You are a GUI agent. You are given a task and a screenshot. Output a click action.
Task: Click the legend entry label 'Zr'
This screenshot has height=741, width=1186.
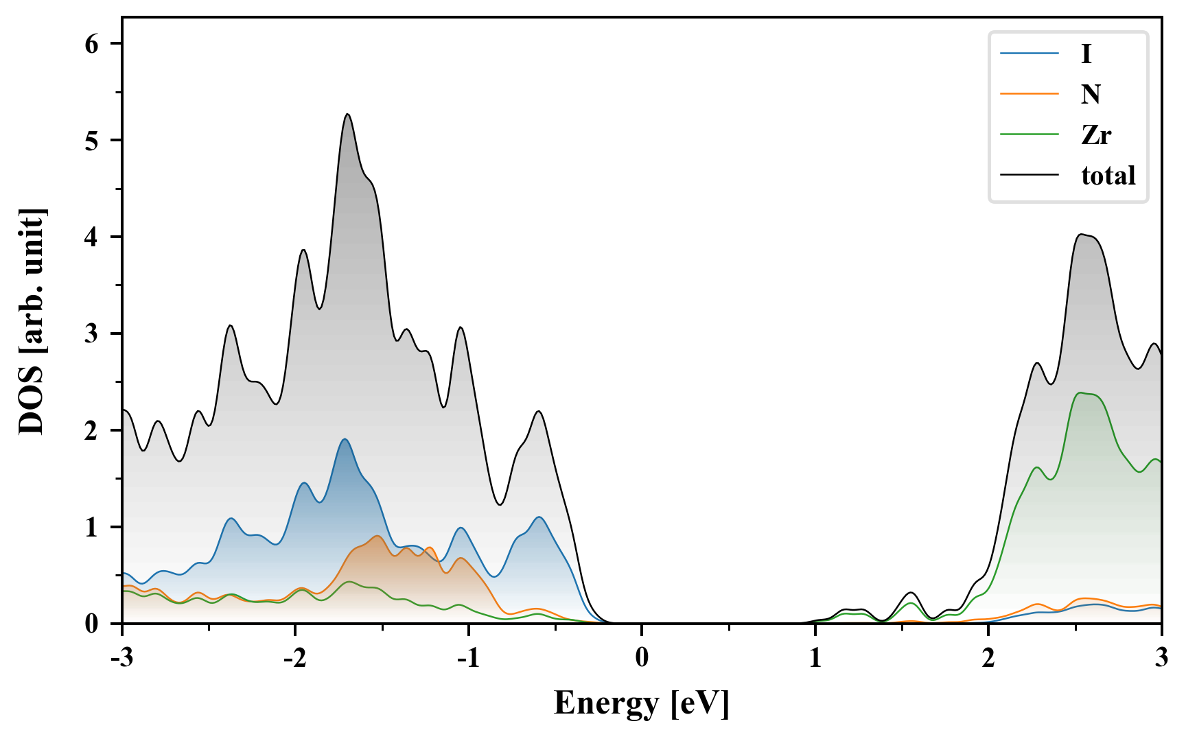point(1095,135)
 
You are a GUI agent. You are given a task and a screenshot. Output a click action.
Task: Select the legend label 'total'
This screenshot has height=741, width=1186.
point(1108,176)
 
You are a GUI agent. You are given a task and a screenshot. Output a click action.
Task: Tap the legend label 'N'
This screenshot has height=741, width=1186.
point(1091,94)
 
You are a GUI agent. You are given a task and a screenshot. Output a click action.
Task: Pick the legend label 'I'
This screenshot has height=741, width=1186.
point(1086,54)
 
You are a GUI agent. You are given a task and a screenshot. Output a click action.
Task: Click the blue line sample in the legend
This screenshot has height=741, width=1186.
point(1029,54)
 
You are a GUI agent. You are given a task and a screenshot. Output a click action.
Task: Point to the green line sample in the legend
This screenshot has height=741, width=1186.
point(1029,134)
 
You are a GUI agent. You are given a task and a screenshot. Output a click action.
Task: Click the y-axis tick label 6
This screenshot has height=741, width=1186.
point(92,44)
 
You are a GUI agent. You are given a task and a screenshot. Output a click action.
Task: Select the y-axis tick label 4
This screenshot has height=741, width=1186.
point(92,237)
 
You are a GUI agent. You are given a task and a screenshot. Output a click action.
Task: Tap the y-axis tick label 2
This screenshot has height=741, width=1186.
point(92,431)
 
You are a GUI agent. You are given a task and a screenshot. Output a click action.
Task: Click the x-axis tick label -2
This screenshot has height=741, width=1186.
point(294,659)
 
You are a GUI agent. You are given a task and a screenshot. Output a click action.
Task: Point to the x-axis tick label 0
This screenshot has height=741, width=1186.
point(642,659)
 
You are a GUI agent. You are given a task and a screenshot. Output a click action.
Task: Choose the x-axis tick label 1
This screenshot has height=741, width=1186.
point(815,659)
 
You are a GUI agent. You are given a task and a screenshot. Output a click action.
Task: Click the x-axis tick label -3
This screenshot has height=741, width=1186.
point(121,659)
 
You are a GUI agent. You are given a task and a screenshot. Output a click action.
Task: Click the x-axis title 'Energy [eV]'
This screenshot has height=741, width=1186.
point(642,703)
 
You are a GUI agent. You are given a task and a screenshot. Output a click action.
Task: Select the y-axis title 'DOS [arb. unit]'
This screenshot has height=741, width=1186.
point(32,321)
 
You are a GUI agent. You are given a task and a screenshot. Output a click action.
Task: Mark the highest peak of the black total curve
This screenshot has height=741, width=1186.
point(348,114)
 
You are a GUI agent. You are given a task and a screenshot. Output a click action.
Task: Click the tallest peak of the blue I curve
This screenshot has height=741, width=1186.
point(345,439)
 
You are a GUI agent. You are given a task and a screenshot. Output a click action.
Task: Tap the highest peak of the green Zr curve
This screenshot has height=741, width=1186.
point(1081,392)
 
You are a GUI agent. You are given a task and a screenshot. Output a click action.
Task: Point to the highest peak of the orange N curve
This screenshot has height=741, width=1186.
point(377,536)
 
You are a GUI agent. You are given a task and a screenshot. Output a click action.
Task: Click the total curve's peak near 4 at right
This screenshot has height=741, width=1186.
point(1081,234)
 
